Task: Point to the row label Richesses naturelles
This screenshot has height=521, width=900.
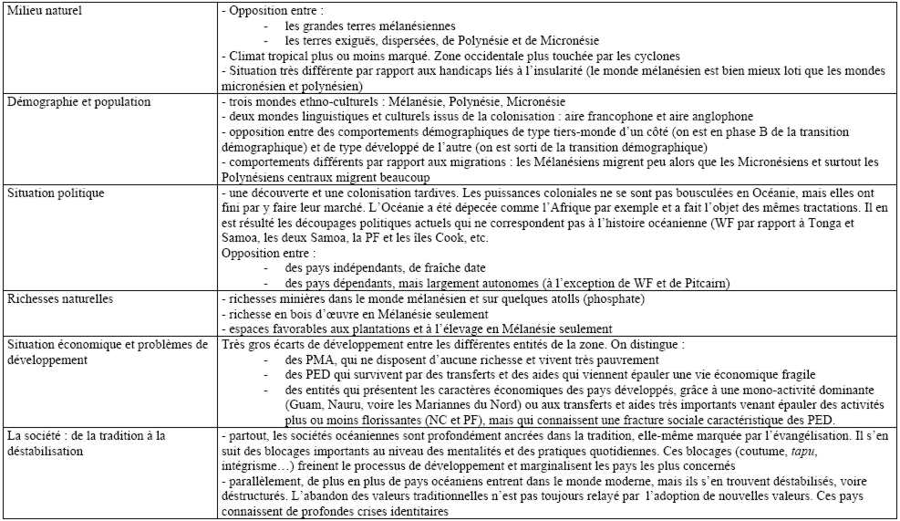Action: point(56,299)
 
